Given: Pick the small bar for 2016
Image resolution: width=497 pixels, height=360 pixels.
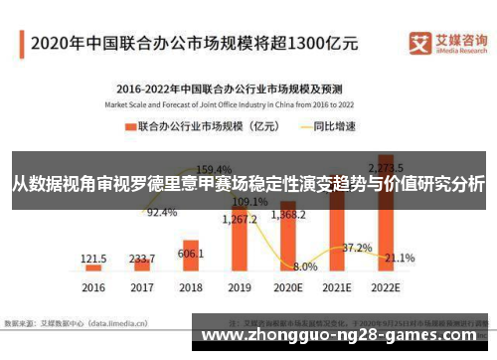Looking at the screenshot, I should click(93, 268).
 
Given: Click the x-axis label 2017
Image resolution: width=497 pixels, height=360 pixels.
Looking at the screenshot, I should click(141, 287).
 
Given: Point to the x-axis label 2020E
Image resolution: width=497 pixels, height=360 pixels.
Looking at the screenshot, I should click(288, 287).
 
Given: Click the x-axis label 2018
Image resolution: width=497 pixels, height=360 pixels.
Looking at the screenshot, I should click(191, 287).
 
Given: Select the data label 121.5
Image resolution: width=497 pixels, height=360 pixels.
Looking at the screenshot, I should click(93, 258).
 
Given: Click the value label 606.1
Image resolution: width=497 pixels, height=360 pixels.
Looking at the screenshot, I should click(191, 254).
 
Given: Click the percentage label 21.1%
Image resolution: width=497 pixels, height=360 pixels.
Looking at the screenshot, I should click(400, 258).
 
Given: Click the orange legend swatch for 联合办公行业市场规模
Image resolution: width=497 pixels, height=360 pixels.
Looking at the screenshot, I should click(129, 126).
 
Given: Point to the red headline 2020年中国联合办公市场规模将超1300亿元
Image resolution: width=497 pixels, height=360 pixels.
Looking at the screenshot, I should click(194, 44).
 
